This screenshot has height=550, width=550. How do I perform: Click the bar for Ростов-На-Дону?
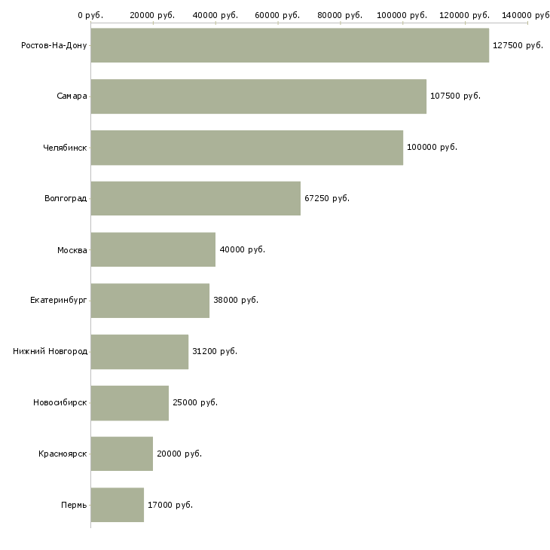pyautogui.click(x=289, y=45)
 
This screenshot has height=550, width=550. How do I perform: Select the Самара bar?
pyautogui.click(x=258, y=96)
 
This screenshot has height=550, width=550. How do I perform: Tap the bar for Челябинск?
pyautogui.click(x=246, y=148)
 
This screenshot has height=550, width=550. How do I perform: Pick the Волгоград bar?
pyautogui.click(x=195, y=198)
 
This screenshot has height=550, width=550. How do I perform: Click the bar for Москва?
pyautogui.click(x=153, y=249)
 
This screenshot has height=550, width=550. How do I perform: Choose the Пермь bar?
pyautogui.click(x=117, y=505)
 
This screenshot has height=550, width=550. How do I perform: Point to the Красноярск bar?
pyautogui.click(x=121, y=454)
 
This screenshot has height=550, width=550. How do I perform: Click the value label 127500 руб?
pyautogui.click(x=518, y=45)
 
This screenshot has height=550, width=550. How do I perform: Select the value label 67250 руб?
pyautogui.click(x=327, y=198)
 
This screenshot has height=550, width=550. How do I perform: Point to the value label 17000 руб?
pyautogui.click(x=170, y=505)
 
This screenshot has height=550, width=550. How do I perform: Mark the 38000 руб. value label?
pyautogui.click(x=236, y=300)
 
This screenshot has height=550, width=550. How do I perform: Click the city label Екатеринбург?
pyautogui.click(x=59, y=300)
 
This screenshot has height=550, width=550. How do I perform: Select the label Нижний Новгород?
pyautogui.click(x=50, y=351)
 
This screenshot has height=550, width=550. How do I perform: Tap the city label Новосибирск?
pyautogui.click(x=60, y=402)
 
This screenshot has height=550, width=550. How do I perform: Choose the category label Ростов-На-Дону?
pyautogui.click(x=54, y=45)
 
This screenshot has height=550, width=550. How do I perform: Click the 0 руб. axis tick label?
pyautogui.click(x=90, y=15)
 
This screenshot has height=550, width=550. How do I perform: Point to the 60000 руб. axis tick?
pyautogui.click(x=277, y=15)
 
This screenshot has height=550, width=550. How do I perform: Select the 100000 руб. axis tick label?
pyautogui.click(x=402, y=15)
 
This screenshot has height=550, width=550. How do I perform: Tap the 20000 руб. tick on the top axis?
pyautogui.click(x=152, y=15)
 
